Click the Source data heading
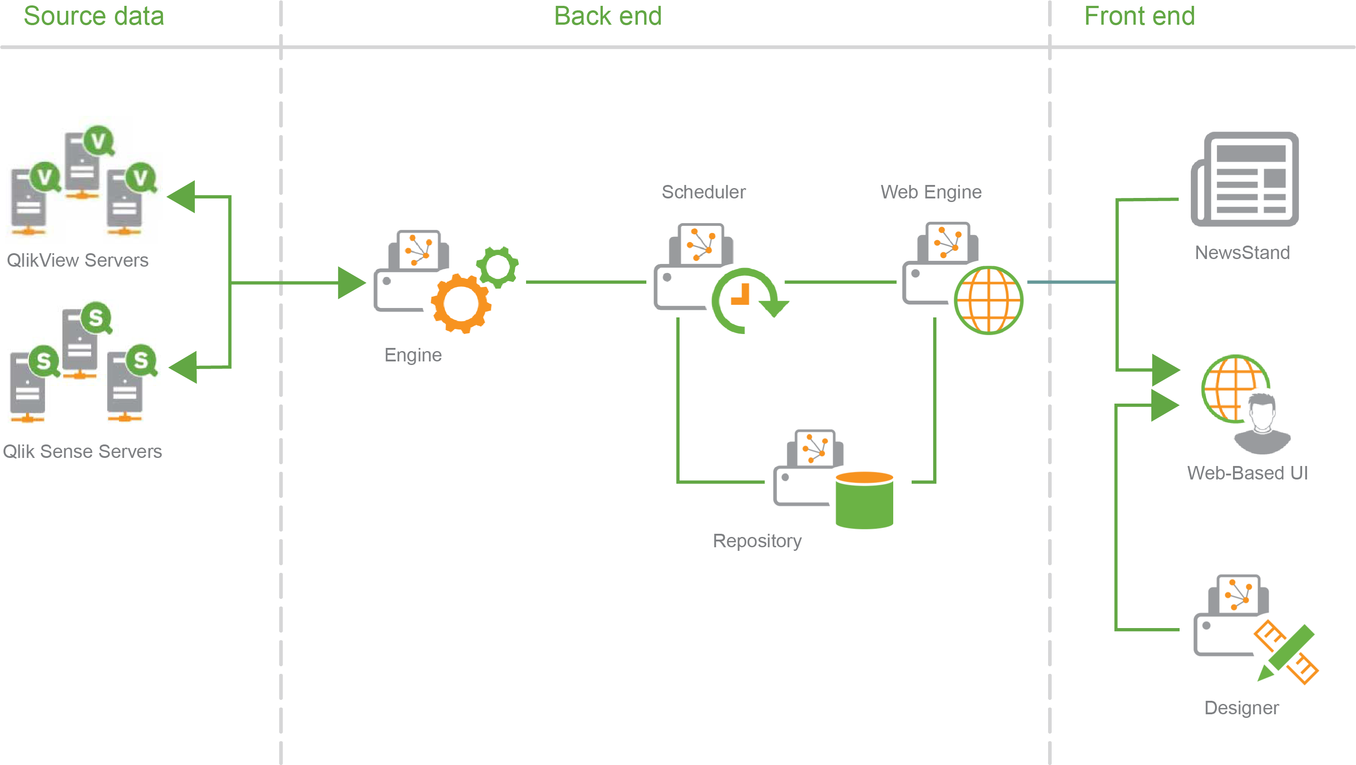pos(94,16)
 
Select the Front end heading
pos(1139,16)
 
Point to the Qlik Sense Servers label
pos(82,451)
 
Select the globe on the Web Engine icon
pos(988,300)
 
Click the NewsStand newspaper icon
pos(1245,179)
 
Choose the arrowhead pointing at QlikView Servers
pos(182,197)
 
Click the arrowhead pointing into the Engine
pos(351,283)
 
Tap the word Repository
pos(757,541)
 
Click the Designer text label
pos(1241,708)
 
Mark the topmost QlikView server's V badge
pos(98,141)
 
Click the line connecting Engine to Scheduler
pos(585,282)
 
